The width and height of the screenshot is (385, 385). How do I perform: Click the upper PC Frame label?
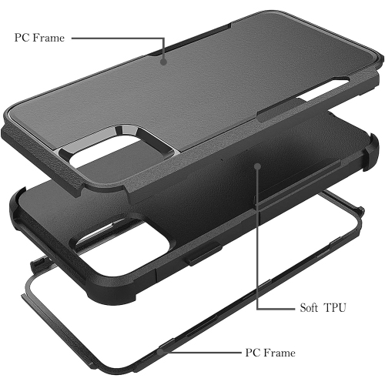(x=39, y=36)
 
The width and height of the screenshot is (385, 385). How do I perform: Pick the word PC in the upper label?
(x=21, y=36)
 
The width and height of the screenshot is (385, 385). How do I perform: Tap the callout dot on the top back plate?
(x=162, y=61)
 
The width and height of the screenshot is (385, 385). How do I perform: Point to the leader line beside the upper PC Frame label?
(x=115, y=36)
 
